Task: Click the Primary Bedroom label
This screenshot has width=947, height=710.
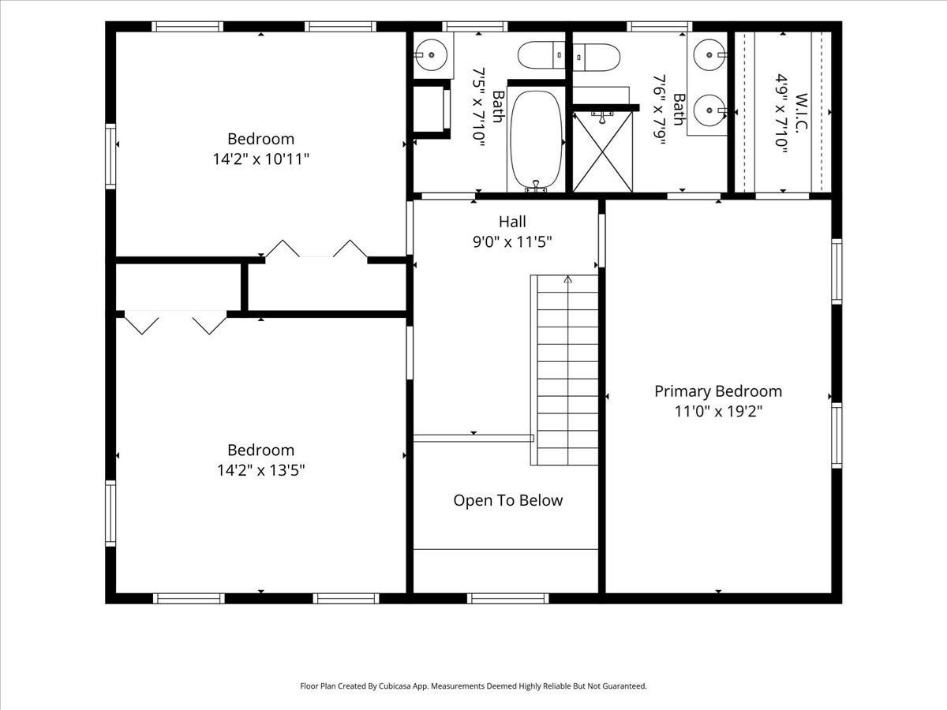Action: [718, 391]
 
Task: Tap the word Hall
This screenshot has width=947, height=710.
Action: [512, 222]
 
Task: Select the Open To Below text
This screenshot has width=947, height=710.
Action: [507, 500]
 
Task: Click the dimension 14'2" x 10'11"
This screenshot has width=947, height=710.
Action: [261, 159]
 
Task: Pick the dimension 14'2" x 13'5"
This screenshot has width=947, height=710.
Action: [261, 470]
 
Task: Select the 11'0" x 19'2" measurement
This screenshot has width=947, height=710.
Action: [718, 411]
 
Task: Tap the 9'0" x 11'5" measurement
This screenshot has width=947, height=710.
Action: [512, 242]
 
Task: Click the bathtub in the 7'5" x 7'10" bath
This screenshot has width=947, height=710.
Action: [537, 140]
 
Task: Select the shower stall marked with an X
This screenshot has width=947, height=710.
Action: [603, 151]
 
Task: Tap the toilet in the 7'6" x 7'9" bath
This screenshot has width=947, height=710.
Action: [597, 58]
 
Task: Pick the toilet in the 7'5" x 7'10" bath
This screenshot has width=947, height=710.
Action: [541, 54]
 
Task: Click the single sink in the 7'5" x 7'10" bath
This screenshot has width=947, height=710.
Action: [431, 55]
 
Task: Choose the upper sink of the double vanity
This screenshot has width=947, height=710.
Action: [709, 54]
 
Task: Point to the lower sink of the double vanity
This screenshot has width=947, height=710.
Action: [709, 110]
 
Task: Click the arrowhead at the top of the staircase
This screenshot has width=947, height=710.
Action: [567, 279]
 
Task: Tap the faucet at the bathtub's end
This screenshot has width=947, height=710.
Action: [536, 186]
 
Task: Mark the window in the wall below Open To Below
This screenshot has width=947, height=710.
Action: [507, 598]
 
